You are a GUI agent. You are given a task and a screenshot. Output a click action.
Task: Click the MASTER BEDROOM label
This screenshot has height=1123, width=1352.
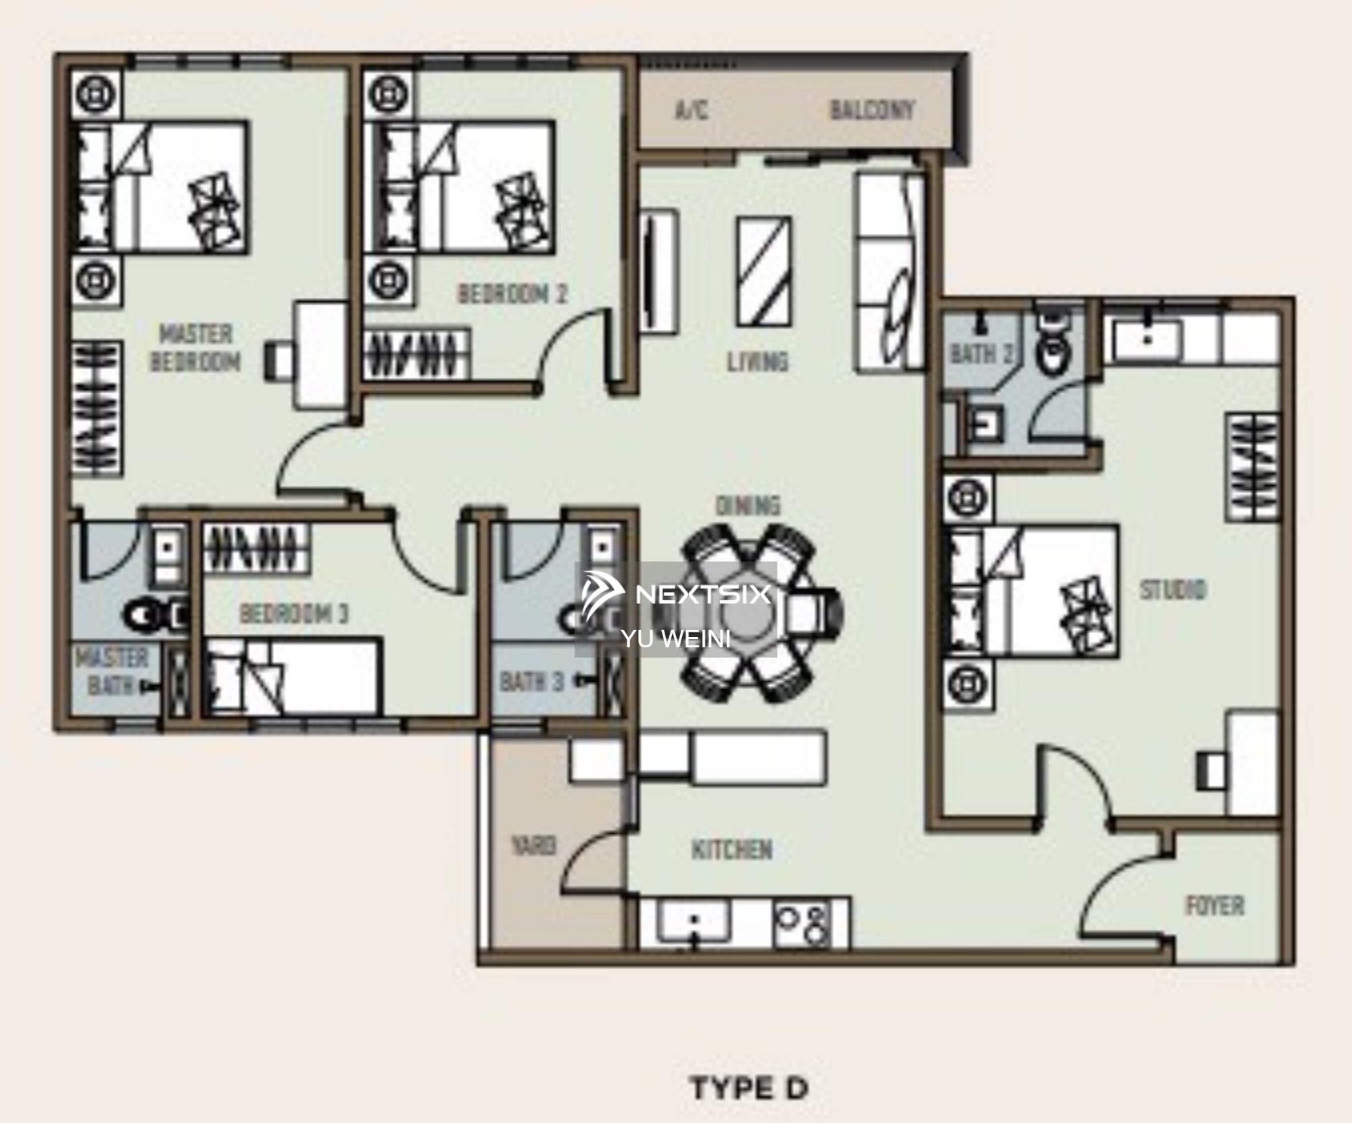(196, 348)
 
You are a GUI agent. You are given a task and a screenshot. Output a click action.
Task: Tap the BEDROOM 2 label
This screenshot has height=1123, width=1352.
(513, 294)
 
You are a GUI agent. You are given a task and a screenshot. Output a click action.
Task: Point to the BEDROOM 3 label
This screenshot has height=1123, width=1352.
(294, 614)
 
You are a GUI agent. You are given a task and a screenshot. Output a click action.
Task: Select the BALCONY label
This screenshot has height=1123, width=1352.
(872, 110)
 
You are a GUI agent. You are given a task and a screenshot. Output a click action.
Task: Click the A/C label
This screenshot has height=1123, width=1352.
(692, 110)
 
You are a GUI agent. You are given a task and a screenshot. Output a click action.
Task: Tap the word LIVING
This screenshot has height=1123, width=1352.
(758, 362)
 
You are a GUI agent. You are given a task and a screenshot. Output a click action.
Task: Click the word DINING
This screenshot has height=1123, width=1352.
(748, 505)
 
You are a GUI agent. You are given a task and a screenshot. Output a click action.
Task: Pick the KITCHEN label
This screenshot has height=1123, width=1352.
(732, 850)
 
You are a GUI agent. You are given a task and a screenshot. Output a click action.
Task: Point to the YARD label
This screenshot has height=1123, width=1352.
(534, 845)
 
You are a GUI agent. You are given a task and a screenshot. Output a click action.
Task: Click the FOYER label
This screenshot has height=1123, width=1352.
(1215, 905)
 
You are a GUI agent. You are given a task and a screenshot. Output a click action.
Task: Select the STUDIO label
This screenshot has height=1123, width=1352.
(1173, 590)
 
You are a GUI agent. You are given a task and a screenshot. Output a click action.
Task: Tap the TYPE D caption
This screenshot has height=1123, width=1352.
(749, 1089)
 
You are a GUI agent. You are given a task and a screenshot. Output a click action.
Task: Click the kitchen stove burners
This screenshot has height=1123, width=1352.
(802, 925)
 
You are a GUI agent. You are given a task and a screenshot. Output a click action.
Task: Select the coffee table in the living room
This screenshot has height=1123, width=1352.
(764, 272)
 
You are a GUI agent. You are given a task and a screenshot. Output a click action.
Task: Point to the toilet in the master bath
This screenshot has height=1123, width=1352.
(155, 616)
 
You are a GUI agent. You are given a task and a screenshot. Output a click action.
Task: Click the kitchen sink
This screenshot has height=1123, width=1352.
(694, 923)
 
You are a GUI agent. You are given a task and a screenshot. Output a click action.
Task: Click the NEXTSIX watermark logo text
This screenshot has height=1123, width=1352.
(703, 594)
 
